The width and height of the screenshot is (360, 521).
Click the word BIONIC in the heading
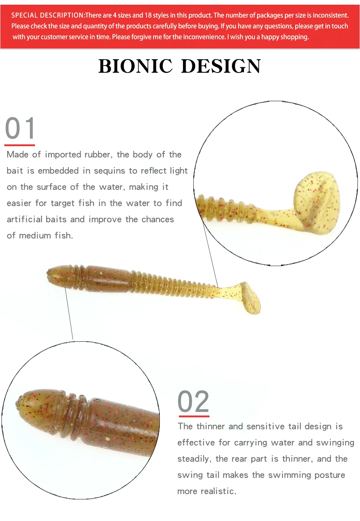135,66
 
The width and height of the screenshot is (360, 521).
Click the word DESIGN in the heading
221,66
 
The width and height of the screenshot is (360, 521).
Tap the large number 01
20,128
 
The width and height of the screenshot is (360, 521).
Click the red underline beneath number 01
19,145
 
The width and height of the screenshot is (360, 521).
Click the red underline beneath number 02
194,416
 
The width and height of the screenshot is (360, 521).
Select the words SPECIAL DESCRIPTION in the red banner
48,15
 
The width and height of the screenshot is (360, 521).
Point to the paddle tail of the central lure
251,298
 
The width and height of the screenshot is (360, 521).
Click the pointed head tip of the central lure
48,272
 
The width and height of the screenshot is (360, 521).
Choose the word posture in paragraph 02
330,475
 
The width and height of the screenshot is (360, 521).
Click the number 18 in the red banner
148,15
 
